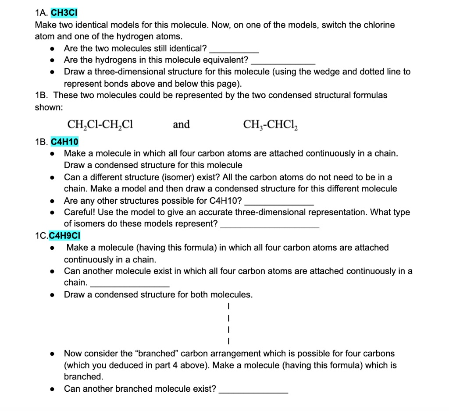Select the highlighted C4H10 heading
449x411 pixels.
click(65, 142)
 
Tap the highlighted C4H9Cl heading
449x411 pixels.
click(65, 236)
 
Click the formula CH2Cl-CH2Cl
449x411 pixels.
click(100, 125)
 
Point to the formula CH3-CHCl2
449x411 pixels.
click(270, 125)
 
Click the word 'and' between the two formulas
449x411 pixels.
click(182, 125)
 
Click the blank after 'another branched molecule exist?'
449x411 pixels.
click(253, 391)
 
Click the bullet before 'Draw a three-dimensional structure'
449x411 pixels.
click(52, 72)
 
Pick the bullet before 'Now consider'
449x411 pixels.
click(52, 354)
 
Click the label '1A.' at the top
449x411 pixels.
click(41, 13)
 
